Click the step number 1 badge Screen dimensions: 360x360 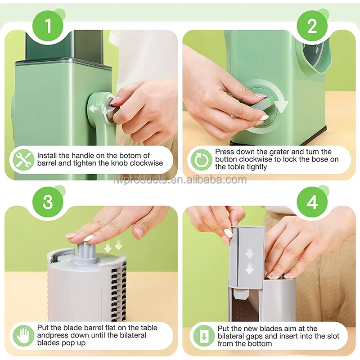[48, 26]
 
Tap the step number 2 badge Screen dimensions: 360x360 [312, 26]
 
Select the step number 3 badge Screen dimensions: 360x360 [48, 202]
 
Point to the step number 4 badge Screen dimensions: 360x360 [312, 202]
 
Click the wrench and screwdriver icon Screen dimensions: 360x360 [22, 160]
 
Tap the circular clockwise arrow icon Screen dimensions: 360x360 [201, 160]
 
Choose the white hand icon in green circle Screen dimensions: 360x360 [23, 336]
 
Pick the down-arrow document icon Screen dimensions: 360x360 [204, 336]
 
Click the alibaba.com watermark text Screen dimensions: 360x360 [180, 180]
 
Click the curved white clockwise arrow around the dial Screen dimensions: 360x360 [278, 99]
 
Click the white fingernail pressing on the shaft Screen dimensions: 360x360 [88, 238]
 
